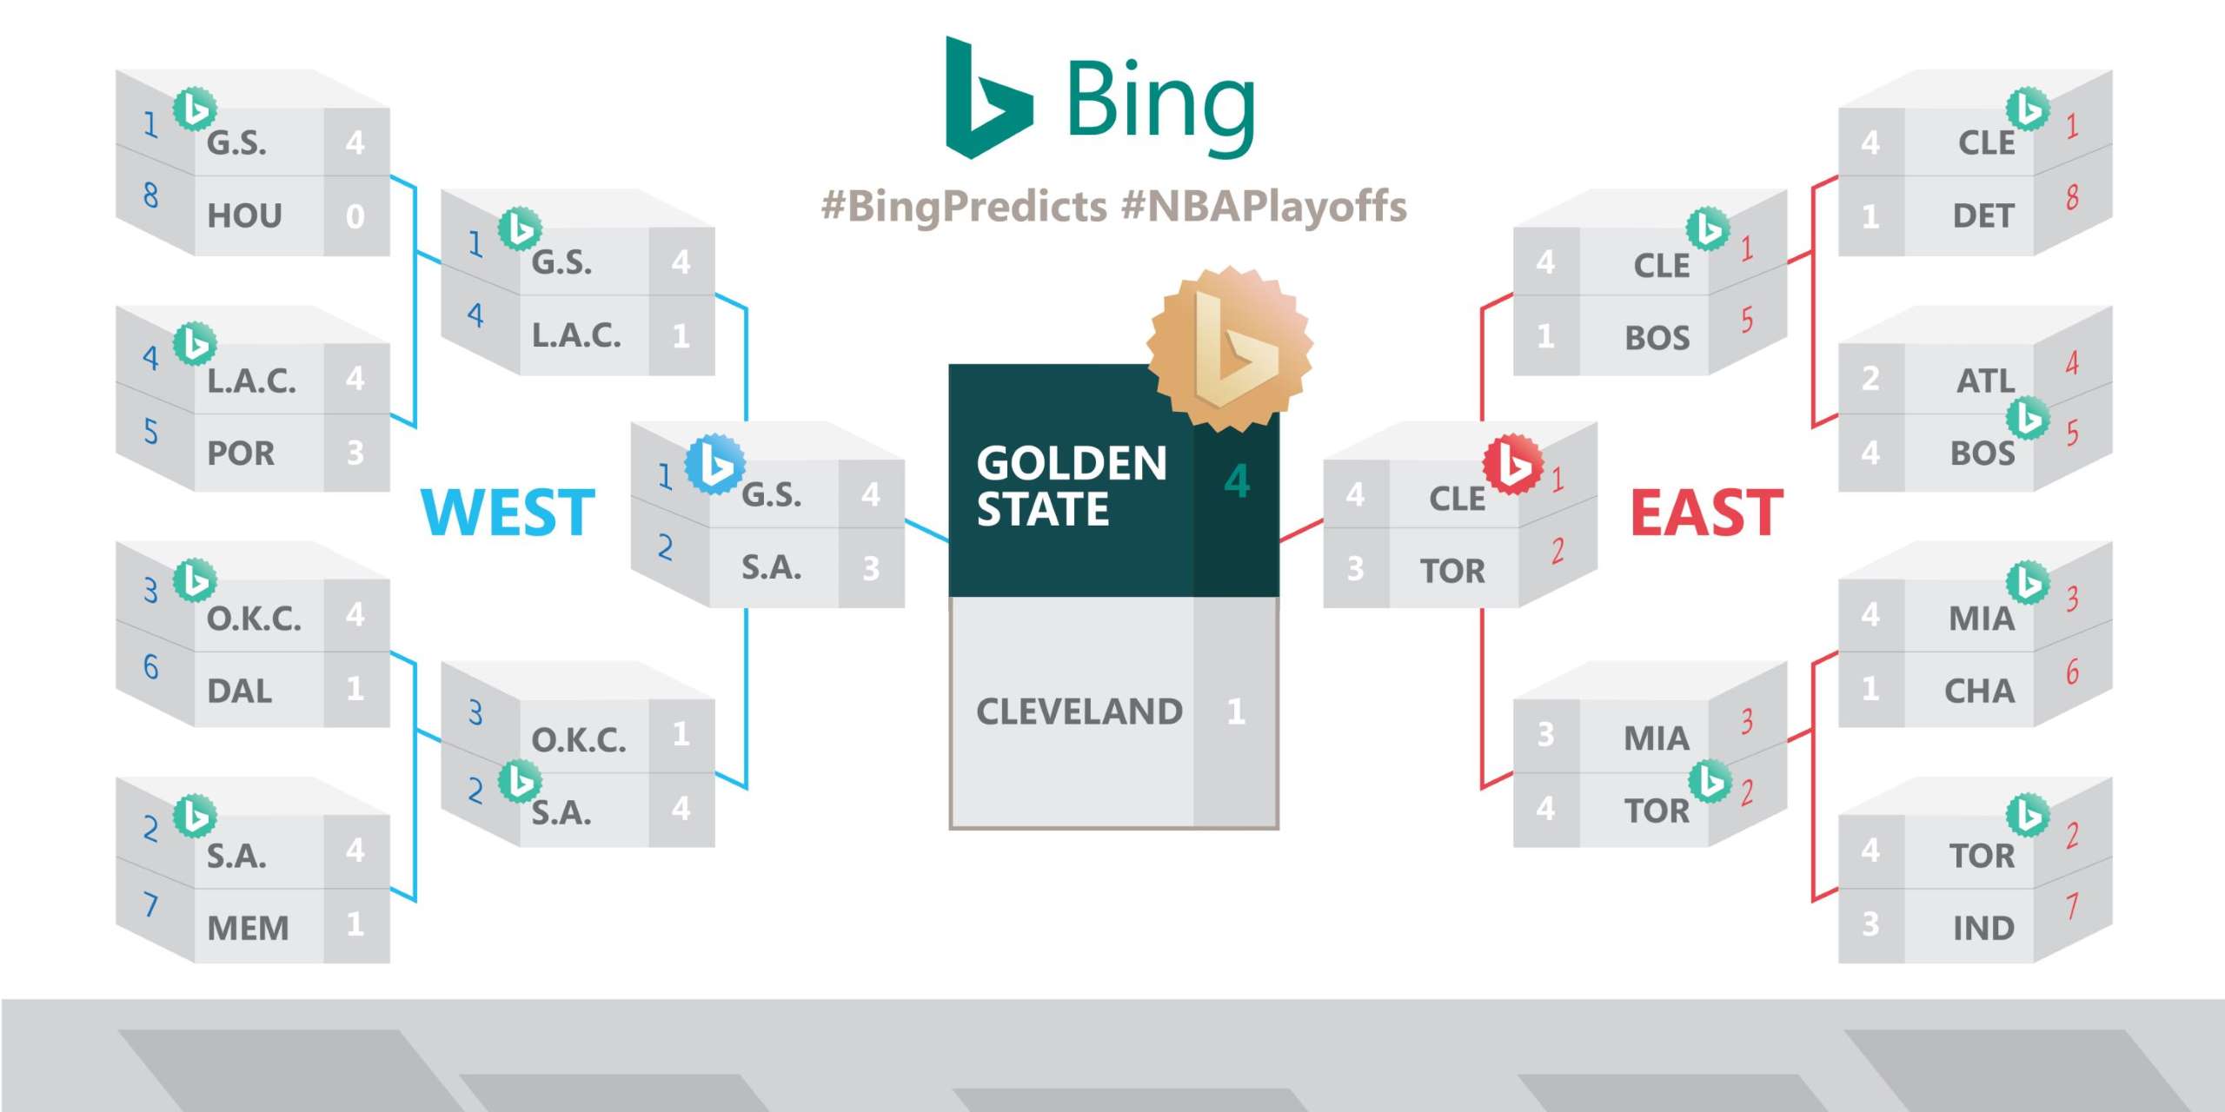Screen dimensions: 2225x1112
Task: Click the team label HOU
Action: tap(244, 215)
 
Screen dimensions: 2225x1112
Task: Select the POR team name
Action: tap(241, 453)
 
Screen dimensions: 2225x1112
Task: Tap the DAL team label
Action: tap(239, 691)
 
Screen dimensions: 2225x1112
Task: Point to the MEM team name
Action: tap(248, 928)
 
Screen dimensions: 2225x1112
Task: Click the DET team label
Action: tap(1983, 215)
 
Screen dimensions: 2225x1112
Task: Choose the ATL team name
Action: tap(1985, 381)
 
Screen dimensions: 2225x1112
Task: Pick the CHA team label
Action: tap(1979, 691)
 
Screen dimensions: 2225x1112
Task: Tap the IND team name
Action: tap(1983, 928)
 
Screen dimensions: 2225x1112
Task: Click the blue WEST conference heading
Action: tap(508, 512)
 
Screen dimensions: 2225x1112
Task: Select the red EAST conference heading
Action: tap(1707, 512)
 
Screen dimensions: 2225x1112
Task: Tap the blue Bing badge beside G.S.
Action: tap(714, 464)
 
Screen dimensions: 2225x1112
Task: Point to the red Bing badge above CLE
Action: tap(1513, 464)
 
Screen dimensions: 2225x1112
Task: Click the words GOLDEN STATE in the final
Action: tap(1071, 486)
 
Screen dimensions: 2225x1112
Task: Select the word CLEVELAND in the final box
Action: tap(1079, 712)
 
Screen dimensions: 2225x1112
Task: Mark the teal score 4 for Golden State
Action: tap(1237, 481)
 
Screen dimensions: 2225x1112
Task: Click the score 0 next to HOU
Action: tap(355, 216)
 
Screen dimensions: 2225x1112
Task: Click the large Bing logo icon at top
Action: tap(989, 97)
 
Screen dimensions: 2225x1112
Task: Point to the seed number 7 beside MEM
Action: tap(151, 904)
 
